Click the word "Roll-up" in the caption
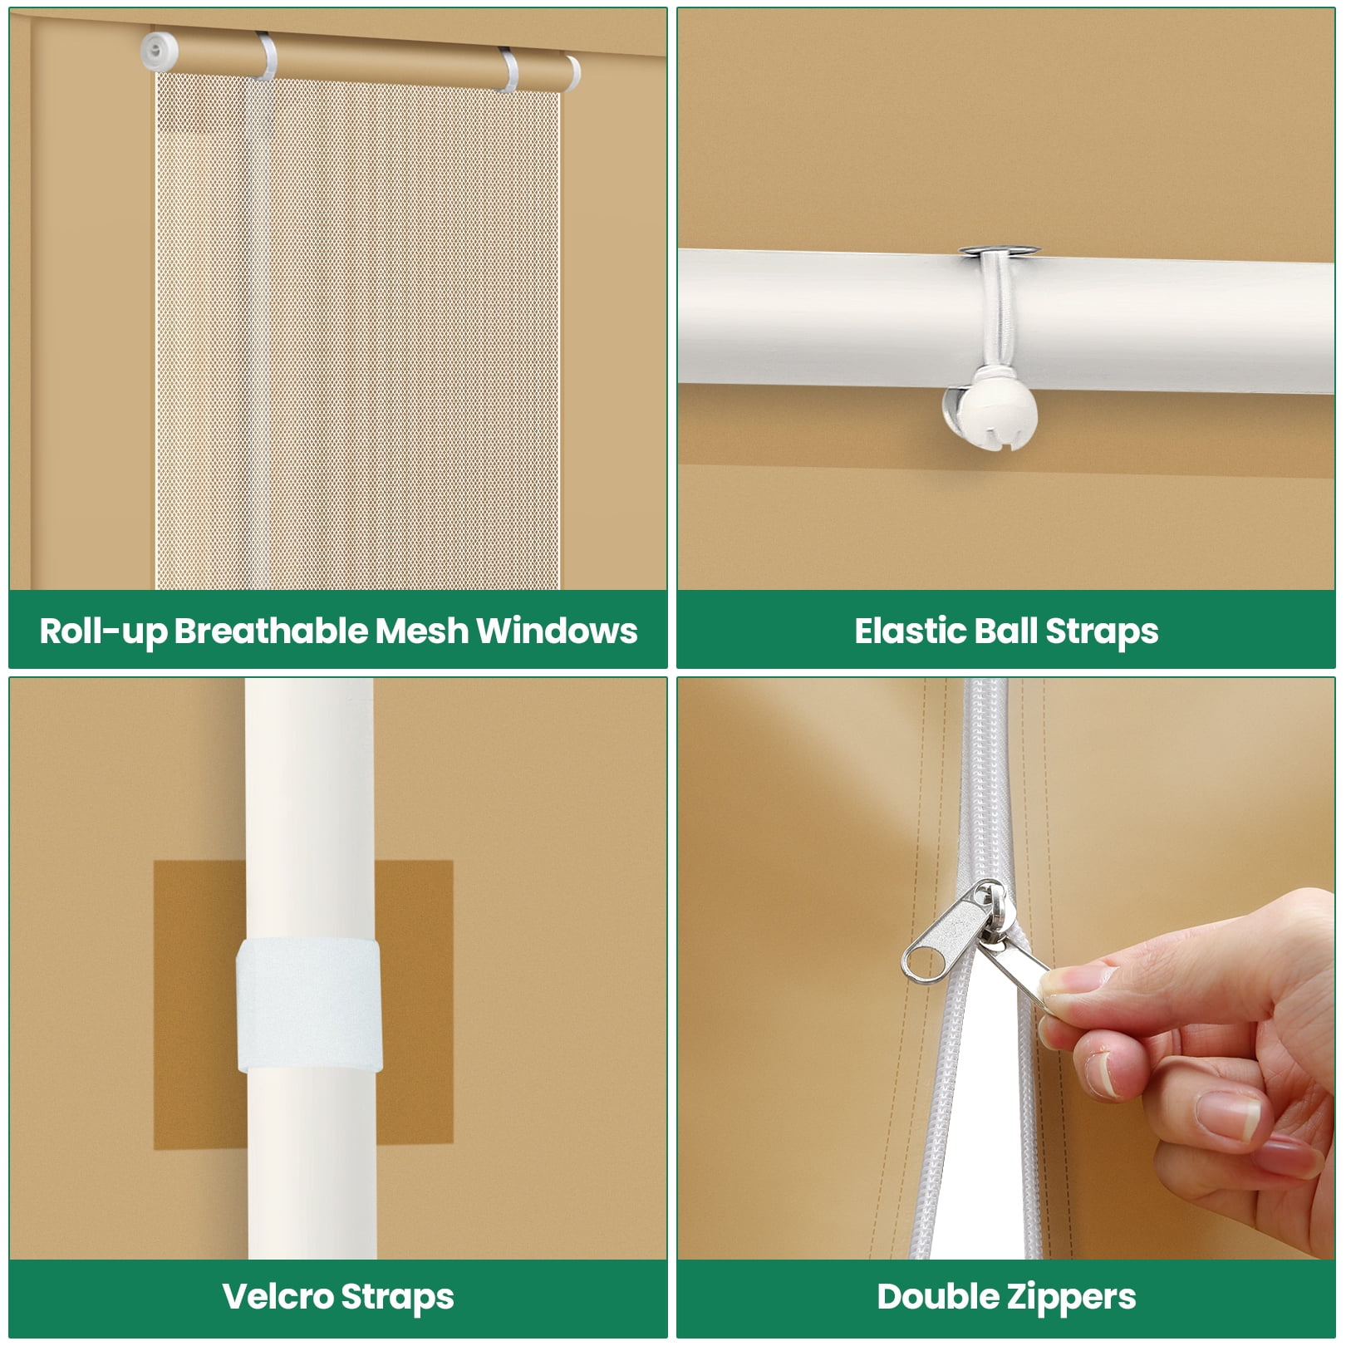[x=103, y=631]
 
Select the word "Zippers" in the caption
[x=1071, y=1298]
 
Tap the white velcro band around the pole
[x=309, y=1006]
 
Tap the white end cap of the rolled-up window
[x=160, y=50]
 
